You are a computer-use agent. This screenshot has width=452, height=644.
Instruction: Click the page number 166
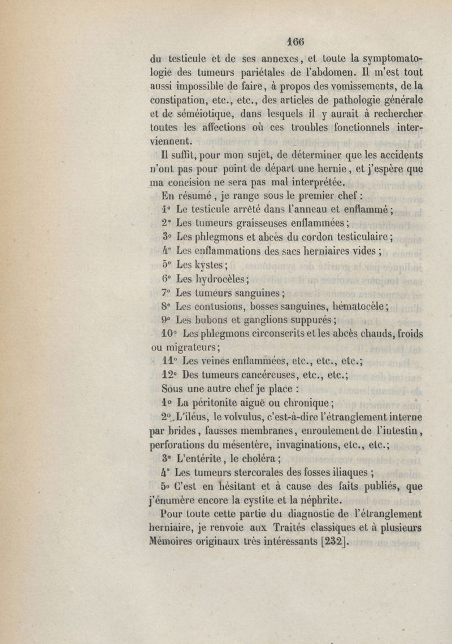click(x=295, y=41)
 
